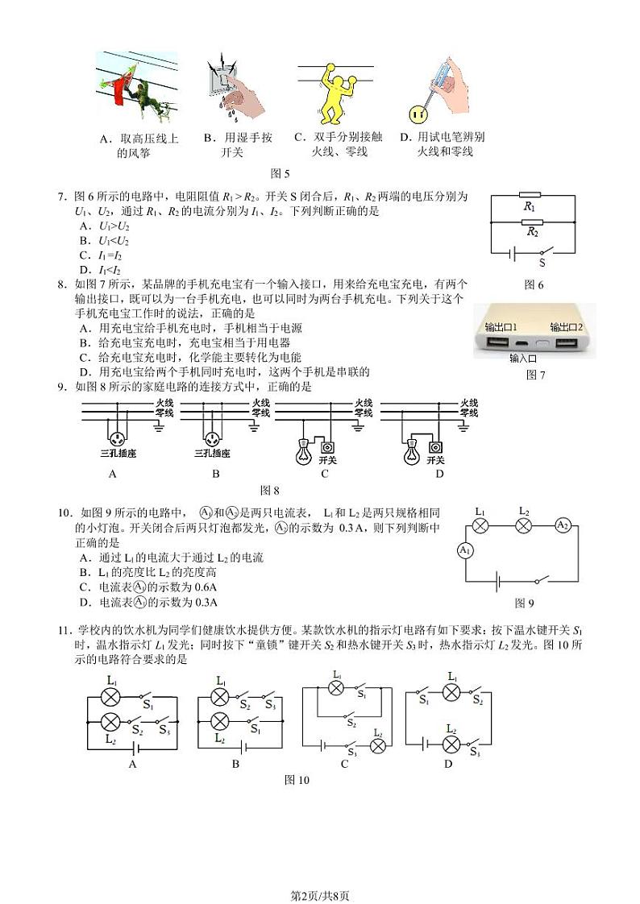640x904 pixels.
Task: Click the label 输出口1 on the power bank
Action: click(x=501, y=327)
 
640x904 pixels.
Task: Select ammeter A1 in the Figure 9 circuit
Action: click(x=465, y=550)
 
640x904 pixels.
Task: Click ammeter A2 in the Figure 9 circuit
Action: click(x=563, y=525)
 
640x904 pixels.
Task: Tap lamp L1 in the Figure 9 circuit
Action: click(x=480, y=525)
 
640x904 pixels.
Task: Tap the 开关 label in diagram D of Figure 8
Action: click(x=435, y=460)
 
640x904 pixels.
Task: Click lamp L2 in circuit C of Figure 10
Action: click(x=379, y=746)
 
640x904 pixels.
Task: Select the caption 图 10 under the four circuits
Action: click(x=297, y=779)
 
